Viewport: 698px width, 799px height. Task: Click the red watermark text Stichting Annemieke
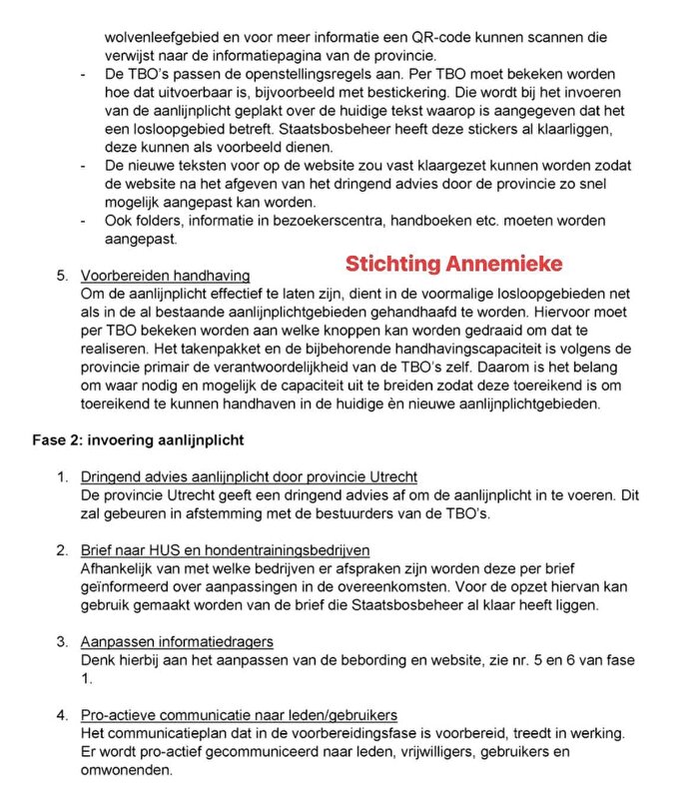coord(454,265)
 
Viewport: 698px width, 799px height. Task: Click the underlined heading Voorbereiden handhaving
coord(165,275)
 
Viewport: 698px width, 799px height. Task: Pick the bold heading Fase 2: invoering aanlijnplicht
coord(131,439)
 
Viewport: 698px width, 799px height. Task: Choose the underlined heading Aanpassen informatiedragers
coord(177,641)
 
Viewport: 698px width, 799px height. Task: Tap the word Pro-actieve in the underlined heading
coord(119,714)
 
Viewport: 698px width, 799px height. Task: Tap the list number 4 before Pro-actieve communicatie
coord(61,714)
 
